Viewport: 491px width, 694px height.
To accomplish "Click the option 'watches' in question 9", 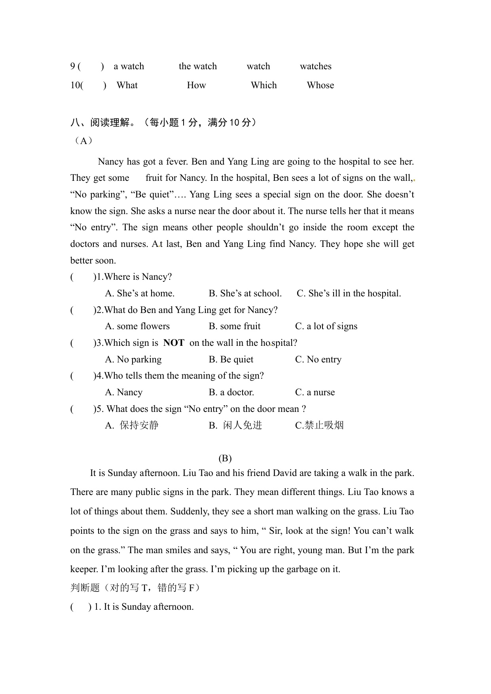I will click(315, 66).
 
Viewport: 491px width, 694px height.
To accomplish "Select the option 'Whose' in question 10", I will click(320, 85).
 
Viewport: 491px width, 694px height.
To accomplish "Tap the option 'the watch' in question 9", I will click(197, 66).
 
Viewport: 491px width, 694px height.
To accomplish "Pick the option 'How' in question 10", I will click(196, 85).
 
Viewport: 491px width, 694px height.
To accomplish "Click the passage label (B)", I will click(225, 458).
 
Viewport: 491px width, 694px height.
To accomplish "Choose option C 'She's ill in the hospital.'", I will click(349, 294).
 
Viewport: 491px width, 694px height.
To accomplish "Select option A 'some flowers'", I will click(137, 326).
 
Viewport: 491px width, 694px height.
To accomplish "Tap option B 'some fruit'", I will click(235, 326).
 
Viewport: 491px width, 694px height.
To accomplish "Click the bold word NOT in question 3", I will click(174, 343).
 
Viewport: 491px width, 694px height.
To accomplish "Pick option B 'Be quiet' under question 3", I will click(231, 360).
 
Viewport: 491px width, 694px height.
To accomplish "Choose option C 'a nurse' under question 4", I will click(315, 393).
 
